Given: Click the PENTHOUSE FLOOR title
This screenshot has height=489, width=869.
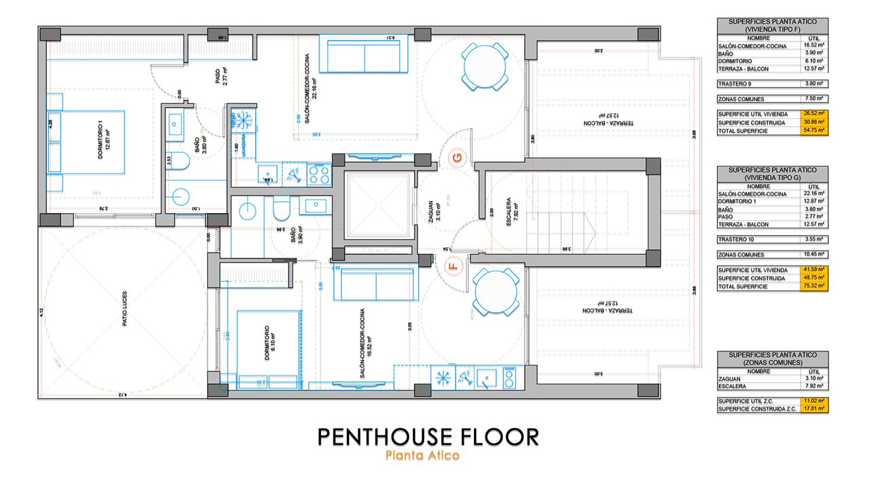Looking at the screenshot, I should coord(428,437).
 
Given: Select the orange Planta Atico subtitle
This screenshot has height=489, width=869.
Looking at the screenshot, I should coord(422,456).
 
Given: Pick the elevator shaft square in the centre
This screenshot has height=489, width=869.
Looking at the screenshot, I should coord(378,206).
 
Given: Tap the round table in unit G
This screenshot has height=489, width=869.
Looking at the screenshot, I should coord(484,67).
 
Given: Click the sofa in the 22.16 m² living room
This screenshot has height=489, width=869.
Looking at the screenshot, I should coord(365,56).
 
